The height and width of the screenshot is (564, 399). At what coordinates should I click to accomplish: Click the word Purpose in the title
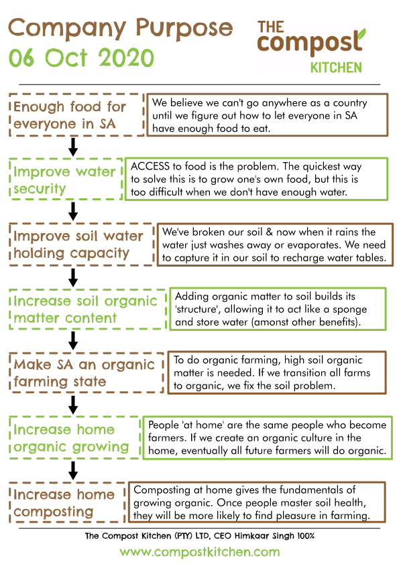[x=184, y=29]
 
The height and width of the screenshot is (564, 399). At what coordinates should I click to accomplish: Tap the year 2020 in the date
[x=126, y=58]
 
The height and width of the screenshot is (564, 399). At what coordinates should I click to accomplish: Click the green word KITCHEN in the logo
[x=336, y=68]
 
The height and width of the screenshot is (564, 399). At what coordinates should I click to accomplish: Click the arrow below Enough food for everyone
[x=73, y=147]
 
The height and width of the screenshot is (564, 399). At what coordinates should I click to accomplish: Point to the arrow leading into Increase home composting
[x=73, y=470]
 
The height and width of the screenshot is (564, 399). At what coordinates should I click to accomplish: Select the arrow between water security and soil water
[x=73, y=211]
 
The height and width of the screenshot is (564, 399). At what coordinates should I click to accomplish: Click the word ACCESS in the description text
[x=150, y=166]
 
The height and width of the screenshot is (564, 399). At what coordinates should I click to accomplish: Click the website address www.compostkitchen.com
[x=200, y=552]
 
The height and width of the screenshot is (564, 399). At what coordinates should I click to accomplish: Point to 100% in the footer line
[x=306, y=536]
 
